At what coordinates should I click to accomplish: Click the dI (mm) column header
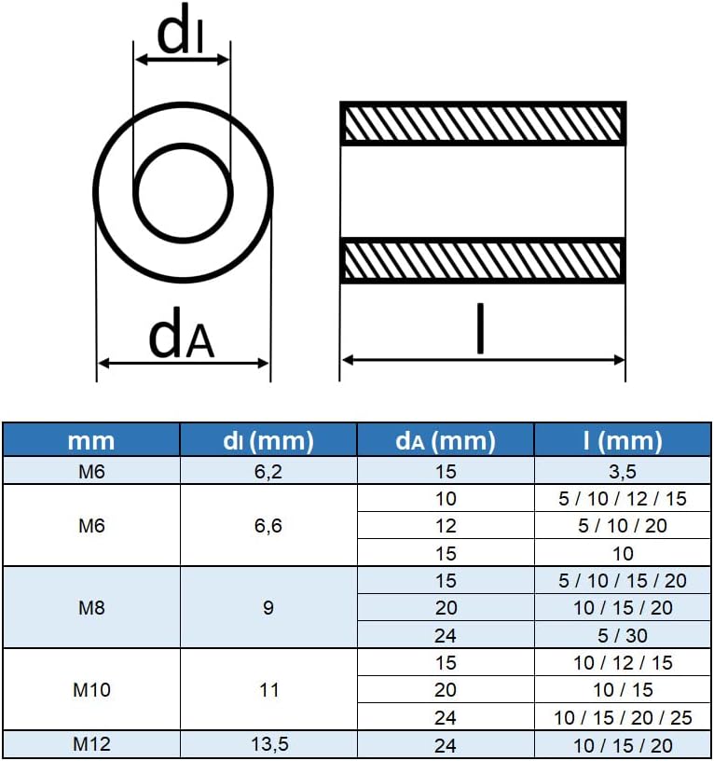[268, 440]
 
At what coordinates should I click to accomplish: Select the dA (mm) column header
[446, 440]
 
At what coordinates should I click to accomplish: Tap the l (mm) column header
[623, 440]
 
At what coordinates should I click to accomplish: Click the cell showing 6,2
[268, 471]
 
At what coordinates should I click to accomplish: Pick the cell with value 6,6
[268, 526]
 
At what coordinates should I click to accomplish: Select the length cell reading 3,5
[623, 471]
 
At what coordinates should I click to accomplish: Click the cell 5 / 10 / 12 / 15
[623, 498]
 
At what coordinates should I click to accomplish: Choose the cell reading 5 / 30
[623, 635]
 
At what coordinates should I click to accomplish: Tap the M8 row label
[91, 608]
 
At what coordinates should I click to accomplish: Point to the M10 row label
[91, 690]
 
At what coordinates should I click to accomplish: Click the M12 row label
[91, 745]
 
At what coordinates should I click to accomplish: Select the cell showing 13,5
[268, 745]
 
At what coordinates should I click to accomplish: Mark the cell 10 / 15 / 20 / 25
[623, 717]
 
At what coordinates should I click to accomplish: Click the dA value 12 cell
[446, 526]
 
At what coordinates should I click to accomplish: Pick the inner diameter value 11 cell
[268, 690]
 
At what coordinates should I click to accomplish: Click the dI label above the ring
[181, 33]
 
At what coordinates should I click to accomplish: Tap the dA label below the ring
[182, 338]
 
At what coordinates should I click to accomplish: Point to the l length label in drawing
[480, 328]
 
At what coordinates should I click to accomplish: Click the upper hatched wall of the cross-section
[482, 123]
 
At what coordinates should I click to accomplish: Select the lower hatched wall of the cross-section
[482, 261]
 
